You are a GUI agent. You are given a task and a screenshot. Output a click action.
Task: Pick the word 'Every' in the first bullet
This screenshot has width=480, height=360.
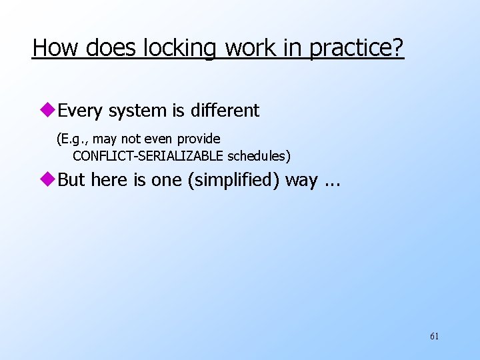[81, 111]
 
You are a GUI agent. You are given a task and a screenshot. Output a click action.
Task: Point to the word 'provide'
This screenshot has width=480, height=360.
[199, 139]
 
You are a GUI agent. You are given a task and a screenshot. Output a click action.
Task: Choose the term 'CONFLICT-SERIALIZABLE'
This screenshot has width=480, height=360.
[148, 157]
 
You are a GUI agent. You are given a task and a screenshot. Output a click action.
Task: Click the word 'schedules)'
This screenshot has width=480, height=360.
[259, 157]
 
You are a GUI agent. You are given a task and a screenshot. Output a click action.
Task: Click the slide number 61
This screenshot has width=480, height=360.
[434, 337]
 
